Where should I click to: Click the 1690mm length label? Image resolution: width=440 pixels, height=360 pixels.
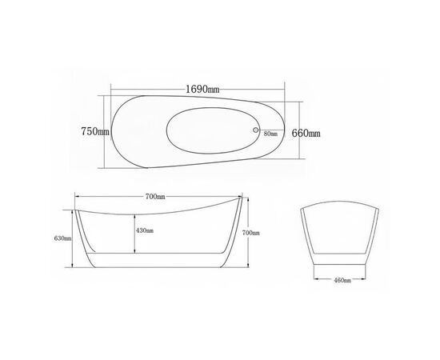202,90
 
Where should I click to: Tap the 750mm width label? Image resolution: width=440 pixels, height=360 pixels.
95,131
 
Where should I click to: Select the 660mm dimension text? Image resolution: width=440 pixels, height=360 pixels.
306,133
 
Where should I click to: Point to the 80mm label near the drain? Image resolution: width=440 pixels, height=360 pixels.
270,134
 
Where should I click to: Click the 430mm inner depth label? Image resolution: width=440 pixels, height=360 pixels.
145,230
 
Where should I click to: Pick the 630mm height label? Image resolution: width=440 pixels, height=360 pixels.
62,238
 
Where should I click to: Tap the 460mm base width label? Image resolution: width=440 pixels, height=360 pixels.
342,280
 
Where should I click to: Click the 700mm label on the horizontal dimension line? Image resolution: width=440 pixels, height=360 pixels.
155,197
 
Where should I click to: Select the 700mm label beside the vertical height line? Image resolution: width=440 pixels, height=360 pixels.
251,233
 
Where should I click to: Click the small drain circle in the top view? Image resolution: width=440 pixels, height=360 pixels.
256,130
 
